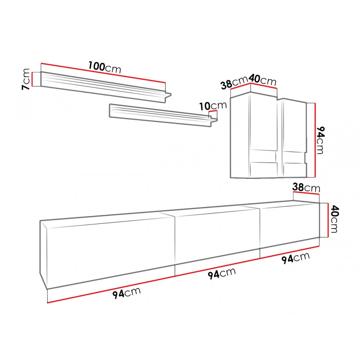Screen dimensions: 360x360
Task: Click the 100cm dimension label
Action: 105,67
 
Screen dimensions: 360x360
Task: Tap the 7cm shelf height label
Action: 26,79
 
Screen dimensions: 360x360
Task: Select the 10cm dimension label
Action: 213,105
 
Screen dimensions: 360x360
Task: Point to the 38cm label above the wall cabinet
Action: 234,82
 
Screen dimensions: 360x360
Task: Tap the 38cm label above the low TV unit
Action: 306,188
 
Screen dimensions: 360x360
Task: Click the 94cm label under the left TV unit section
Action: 126,293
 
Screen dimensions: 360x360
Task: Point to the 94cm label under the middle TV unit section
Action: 222,273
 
